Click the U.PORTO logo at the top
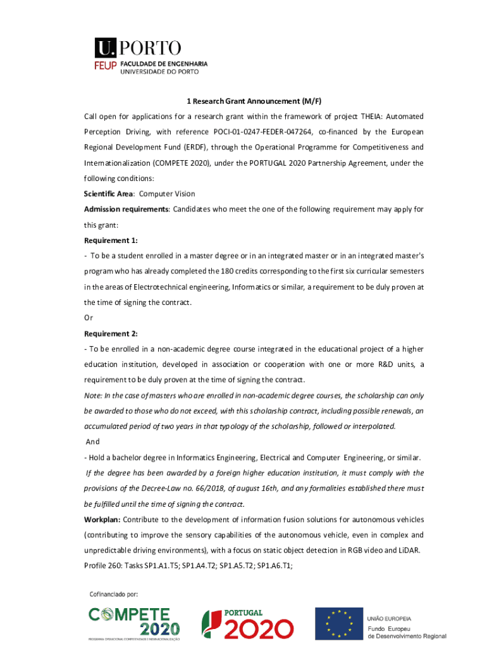tap(138, 47)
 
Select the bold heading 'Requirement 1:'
tap(111, 240)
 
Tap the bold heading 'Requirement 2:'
tap(111, 333)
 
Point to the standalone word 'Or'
tap(89, 318)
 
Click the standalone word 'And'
tap(92, 442)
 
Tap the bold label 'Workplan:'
tap(102, 520)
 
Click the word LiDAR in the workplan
tap(409, 550)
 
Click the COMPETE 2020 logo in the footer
tap(133, 623)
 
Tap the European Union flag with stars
tap(338, 623)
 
